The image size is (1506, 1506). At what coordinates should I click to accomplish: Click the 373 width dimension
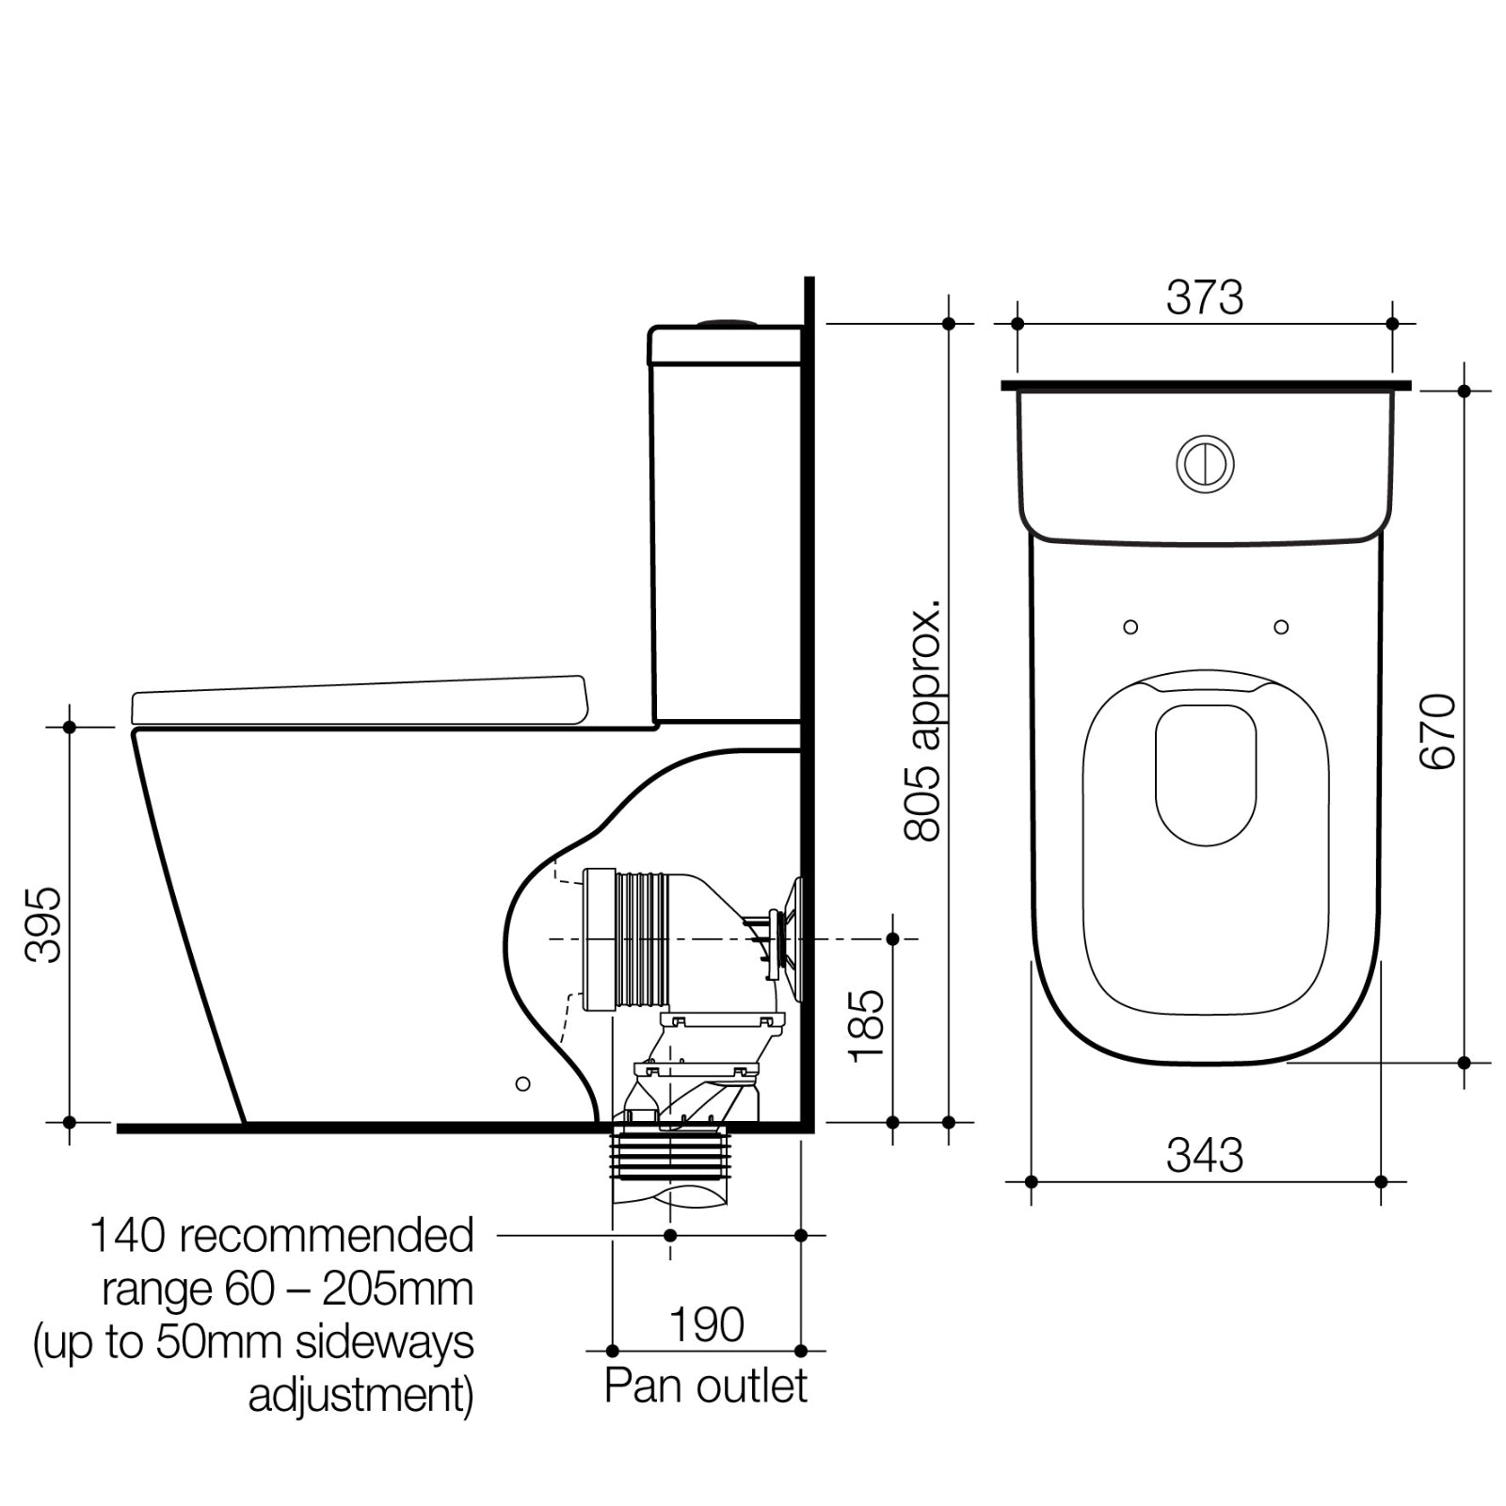[1204, 298]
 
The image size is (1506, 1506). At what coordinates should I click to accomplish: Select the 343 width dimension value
[1204, 1155]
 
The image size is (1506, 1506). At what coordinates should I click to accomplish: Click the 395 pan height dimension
[43, 924]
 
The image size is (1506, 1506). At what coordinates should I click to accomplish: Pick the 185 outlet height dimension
[866, 1026]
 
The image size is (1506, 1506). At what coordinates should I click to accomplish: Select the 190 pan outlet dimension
[706, 1325]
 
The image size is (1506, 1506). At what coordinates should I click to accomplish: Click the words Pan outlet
[706, 1386]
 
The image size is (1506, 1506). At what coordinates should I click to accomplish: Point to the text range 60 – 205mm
[287, 1290]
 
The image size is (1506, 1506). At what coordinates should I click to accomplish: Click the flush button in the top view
[1205, 463]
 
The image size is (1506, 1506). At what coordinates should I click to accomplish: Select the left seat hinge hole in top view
[1130, 627]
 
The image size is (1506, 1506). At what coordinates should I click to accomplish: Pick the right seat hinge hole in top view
[1280, 627]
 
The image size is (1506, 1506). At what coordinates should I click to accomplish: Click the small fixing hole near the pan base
[523, 1083]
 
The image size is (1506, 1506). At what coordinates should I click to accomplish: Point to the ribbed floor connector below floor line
[670, 1156]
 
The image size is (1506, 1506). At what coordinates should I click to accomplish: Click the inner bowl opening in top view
[1206, 774]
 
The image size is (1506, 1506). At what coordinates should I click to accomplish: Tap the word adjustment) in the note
[360, 1396]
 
